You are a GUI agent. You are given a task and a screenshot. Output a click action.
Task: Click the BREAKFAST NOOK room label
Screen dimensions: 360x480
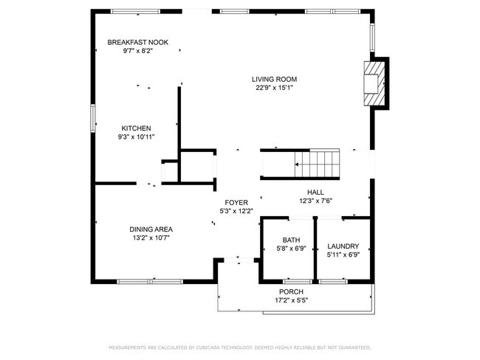(x=137, y=43)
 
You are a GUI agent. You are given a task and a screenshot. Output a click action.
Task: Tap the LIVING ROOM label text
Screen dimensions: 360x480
(x=275, y=79)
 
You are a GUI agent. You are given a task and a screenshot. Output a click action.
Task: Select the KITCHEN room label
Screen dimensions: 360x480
(x=136, y=128)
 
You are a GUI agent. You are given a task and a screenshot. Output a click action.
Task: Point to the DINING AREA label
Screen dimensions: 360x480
(x=151, y=229)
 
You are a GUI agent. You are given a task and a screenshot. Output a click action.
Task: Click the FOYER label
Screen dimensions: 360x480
(x=236, y=202)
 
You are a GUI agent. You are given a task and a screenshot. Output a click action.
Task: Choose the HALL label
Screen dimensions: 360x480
(x=316, y=192)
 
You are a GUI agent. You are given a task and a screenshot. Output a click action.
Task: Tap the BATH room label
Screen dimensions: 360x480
(x=291, y=240)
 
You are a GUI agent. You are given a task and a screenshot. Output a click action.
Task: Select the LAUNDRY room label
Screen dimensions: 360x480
(x=343, y=246)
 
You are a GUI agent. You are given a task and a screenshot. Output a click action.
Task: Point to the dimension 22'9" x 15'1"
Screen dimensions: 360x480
(x=275, y=88)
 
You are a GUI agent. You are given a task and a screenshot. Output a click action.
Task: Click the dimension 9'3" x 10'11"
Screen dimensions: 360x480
(x=136, y=136)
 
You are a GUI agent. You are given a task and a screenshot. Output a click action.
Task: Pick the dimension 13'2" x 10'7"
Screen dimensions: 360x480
(x=151, y=238)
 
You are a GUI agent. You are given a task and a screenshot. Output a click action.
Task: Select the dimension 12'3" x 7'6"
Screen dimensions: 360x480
(x=316, y=201)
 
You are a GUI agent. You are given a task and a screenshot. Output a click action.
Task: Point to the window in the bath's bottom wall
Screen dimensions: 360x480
(x=297, y=281)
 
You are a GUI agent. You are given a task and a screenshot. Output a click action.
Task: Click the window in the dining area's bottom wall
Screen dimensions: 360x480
(x=150, y=280)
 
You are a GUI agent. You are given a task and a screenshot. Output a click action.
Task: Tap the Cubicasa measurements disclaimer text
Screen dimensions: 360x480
(x=239, y=347)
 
